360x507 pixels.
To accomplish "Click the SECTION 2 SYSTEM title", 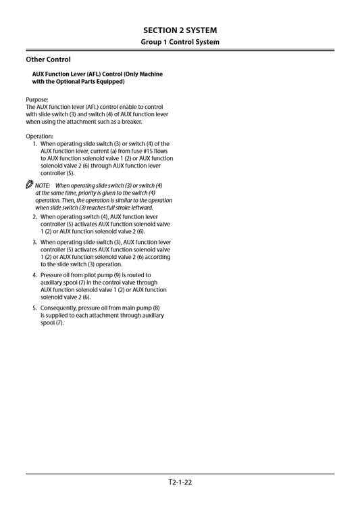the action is pos(180,30).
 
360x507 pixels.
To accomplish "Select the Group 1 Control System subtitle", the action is pos(180,42).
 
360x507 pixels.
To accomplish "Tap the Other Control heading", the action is pos(48,59).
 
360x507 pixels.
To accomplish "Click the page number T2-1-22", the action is pos(180,482).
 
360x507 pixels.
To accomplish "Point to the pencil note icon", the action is pos(30,185).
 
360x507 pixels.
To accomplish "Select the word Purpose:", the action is pos(37,99).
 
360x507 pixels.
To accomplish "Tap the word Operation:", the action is pos(40,136).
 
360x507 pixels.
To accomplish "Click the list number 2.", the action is pos(34,217).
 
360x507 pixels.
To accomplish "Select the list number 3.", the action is pos(34,242).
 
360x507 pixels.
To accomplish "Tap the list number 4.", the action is pos(34,275).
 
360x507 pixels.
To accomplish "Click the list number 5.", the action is pos(34,308).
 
